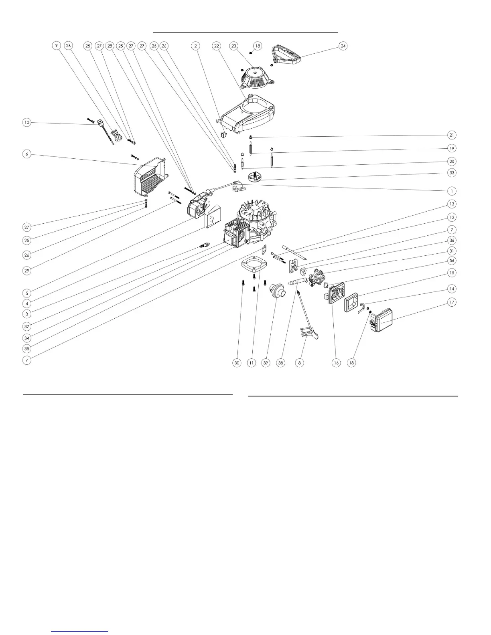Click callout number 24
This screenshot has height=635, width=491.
pos(343,46)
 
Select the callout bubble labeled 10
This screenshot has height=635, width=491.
pos(27,122)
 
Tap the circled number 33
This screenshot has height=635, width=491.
pos(452,173)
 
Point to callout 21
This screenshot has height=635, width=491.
pos(452,135)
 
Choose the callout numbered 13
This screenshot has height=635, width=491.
pos(452,204)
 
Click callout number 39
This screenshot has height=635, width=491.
pos(266,363)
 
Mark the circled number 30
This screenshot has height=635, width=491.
pos(237,363)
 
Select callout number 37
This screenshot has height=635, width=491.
pos(27,326)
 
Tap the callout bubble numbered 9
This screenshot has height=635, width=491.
pos(57,46)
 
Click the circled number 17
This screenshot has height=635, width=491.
pos(452,302)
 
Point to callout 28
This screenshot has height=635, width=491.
pos(110,46)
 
